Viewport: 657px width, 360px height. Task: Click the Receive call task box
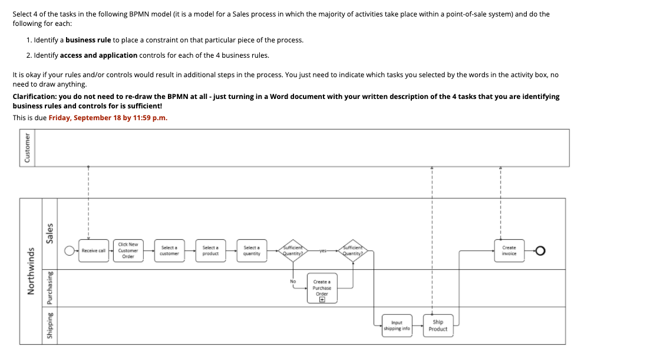coord(94,250)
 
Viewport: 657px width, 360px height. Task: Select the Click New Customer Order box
coord(128,250)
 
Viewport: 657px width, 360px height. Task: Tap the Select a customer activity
coord(169,250)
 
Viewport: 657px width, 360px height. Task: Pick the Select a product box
coord(210,250)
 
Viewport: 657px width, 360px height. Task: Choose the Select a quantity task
coord(252,250)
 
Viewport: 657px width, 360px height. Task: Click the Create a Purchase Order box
coord(322,288)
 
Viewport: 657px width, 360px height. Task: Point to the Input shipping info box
coord(397,325)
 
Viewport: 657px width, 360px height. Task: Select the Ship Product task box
coord(438,325)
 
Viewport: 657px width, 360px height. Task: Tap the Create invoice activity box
coord(509,250)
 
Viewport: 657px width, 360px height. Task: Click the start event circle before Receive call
coord(70,251)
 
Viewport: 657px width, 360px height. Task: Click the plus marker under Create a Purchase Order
coord(322,299)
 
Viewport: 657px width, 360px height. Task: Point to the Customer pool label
coord(27,148)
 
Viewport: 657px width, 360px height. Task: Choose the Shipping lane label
coord(50,326)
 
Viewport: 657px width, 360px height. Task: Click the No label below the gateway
coord(292,281)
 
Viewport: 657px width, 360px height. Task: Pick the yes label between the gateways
coord(322,251)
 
